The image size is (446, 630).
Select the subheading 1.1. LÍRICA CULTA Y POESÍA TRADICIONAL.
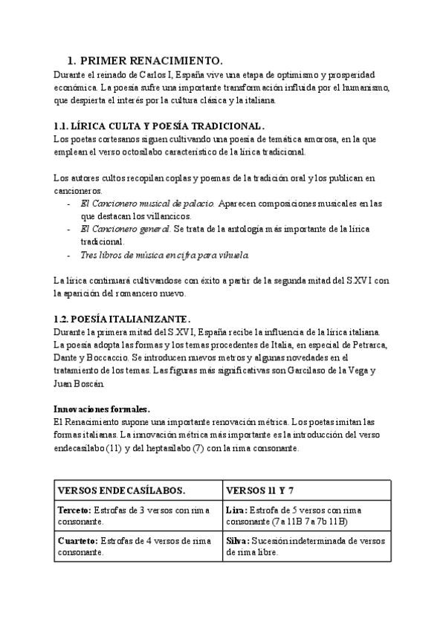coord(159,126)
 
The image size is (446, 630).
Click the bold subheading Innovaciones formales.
coord(102,409)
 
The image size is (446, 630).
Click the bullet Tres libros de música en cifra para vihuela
coord(165,255)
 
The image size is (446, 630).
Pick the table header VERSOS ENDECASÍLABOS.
coord(122,491)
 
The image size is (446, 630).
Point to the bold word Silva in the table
coord(237,540)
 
